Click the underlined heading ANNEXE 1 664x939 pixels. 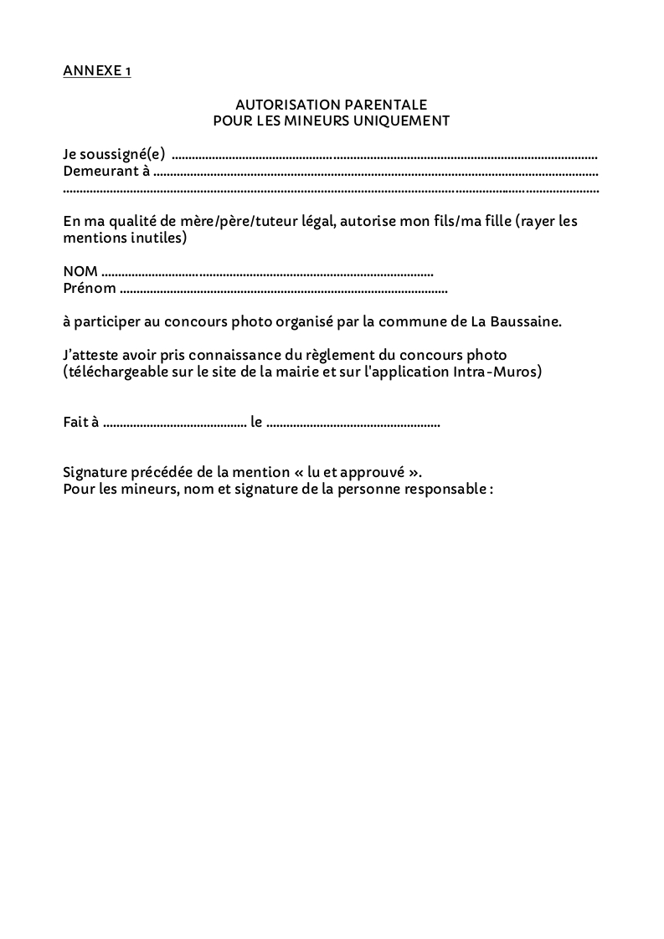(x=96, y=71)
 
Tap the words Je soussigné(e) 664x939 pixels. (x=114, y=154)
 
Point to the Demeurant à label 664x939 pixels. (x=106, y=172)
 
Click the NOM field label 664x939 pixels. (x=80, y=272)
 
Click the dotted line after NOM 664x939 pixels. (x=266, y=273)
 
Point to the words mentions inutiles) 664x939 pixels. (x=125, y=239)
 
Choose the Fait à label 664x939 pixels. (x=81, y=423)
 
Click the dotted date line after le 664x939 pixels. (x=353, y=423)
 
